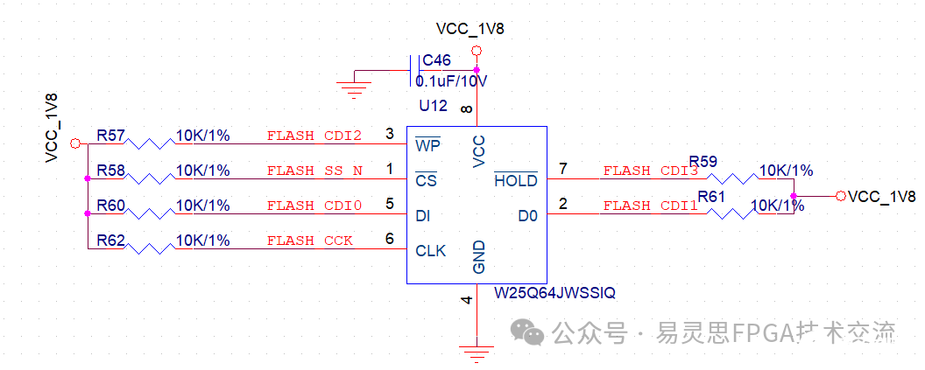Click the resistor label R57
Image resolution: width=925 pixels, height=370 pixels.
point(110,136)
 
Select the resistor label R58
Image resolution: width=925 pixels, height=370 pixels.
point(110,170)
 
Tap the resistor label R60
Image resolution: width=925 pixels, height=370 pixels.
point(110,206)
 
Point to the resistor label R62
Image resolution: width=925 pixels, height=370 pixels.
point(110,240)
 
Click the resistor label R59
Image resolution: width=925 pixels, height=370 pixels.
point(703,161)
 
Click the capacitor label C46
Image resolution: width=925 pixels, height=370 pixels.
point(436,61)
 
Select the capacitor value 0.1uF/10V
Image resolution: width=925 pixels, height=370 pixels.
point(451,81)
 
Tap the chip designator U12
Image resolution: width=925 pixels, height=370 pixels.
point(433,106)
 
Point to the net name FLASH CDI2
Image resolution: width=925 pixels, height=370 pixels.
point(314,136)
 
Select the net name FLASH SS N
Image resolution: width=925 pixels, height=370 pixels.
point(314,171)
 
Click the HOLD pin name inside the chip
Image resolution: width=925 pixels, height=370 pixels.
point(516,181)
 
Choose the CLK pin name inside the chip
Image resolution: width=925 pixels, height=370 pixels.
point(430,251)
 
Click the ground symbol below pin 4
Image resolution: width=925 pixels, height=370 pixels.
point(476,354)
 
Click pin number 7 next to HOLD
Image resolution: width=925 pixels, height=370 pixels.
point(563,167)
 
